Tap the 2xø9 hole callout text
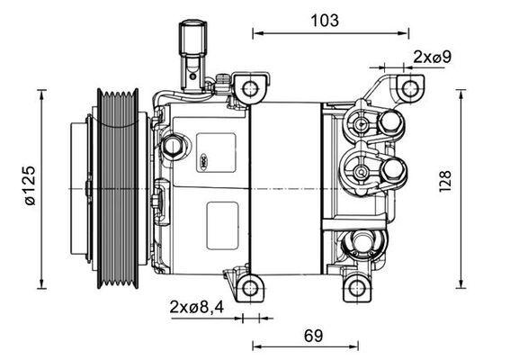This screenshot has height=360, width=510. pos(432,57)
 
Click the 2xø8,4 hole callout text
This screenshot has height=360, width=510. pos(195,306)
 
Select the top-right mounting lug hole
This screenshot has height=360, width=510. pos(409,88)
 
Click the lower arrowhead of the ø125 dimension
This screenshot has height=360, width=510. pos(43,277)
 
